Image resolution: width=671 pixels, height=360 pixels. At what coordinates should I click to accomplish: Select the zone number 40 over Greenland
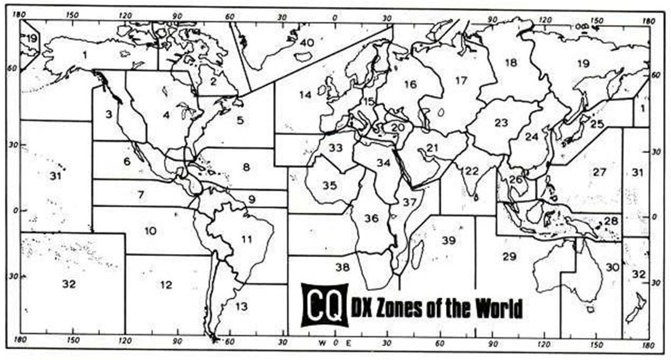307,42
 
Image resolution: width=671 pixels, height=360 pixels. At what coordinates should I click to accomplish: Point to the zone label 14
305,95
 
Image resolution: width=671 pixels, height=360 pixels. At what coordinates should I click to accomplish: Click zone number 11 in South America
246,239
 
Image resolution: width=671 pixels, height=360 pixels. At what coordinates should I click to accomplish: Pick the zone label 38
342,267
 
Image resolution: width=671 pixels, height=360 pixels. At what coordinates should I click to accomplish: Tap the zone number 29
509,257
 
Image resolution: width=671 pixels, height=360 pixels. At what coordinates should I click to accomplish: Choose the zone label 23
501,123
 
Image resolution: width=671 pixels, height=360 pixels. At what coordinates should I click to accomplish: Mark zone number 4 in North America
166,115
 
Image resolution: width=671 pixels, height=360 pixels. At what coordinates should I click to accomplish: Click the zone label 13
241,306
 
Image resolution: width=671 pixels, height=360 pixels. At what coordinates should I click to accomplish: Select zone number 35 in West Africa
329,186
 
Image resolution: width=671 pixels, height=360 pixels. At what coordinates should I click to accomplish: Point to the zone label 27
599,172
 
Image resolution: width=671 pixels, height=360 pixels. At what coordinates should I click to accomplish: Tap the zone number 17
461,81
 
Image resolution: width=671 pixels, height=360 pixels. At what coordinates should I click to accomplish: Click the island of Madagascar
417,253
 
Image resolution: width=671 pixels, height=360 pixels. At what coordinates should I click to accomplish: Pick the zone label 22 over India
471,171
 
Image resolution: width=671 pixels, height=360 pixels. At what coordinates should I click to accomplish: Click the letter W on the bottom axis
322,343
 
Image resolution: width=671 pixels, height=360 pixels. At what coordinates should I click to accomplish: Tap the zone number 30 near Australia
612,267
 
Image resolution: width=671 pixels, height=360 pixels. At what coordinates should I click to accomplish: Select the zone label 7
141,195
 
